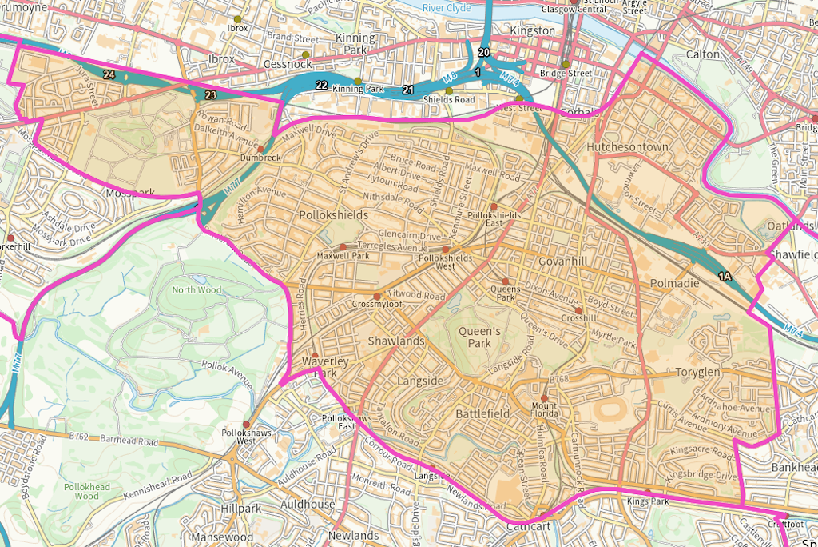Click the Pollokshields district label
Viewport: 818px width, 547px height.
333,216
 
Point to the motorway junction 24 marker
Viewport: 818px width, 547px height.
109,75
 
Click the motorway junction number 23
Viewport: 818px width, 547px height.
210,95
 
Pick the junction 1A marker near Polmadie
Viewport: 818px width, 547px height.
725,277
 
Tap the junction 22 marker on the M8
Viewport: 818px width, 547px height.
321,86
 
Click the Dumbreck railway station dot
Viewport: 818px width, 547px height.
260,149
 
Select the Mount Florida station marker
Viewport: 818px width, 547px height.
544,397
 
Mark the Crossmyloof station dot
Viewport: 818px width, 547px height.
377,297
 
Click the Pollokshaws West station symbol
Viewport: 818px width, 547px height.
246,425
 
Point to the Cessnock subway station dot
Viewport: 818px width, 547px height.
305,54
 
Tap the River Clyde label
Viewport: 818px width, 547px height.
447,7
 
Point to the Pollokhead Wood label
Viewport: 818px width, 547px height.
82,491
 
